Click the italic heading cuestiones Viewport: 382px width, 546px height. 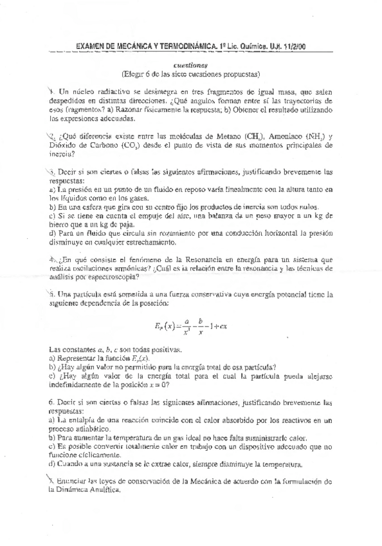190,65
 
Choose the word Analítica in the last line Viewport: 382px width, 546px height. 98,489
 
